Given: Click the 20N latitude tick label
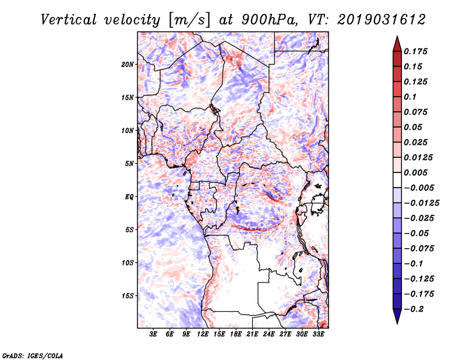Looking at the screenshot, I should pyautogui.click(x=128, y=64).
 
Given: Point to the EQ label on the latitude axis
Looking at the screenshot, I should pyautogui.click(x=129, y=197).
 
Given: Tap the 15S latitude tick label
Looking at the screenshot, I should pyautogui.click(x=128, y=296).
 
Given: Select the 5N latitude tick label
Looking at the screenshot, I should pyautogui.click(x=129, y=164).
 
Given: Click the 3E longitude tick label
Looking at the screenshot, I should pyautogui.click(x=154, y=334).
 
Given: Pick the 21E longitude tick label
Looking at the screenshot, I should pyautogui.click(x=252, y=334).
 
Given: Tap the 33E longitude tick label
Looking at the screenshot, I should pyautogui.click(x=318, y=334).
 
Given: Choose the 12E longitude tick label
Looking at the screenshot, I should pyautogui.click(x=203, y=334).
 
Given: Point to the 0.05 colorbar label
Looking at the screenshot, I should pyautogui.click(x=413, y=127).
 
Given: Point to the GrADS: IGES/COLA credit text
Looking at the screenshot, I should pyautogui.click(x=33, y=355).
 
